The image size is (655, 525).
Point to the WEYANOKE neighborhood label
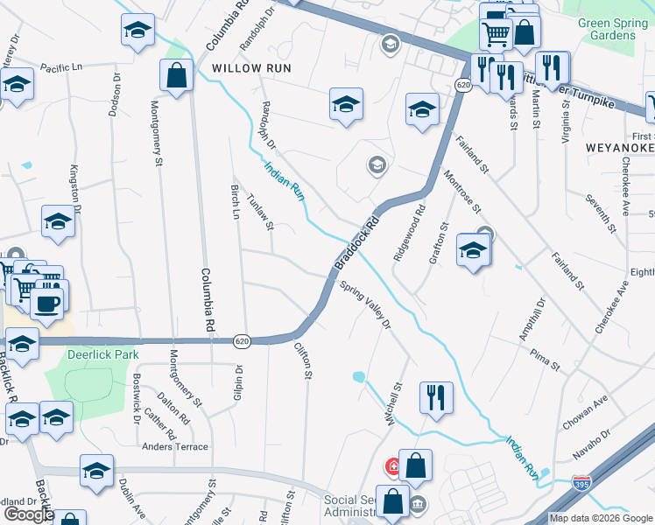click(619, 148)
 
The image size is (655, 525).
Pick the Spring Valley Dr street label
click(364, 305)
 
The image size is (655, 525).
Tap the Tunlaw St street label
click(261, 213)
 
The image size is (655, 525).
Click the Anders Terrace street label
click(175, 446)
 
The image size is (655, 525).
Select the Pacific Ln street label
click(60, 67)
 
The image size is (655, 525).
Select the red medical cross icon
click(394, 466)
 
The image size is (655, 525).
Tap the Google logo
click(28, 514)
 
